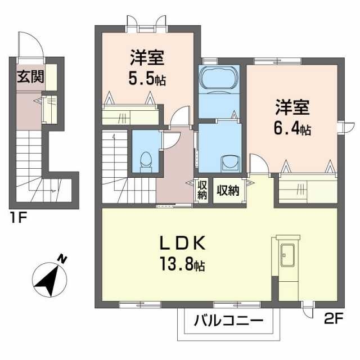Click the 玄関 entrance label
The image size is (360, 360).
30,76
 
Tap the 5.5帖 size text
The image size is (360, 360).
147,79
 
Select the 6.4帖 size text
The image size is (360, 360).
292,129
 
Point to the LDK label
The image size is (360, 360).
183,244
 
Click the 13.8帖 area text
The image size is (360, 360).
182,264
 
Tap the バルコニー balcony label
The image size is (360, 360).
229,321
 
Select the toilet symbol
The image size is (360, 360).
146,162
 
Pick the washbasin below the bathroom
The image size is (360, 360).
231,164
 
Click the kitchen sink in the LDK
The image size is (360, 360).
287,255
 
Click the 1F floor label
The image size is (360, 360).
19,217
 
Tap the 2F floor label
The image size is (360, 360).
334,318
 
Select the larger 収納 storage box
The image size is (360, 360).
228,190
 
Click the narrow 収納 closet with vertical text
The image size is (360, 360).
202,190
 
